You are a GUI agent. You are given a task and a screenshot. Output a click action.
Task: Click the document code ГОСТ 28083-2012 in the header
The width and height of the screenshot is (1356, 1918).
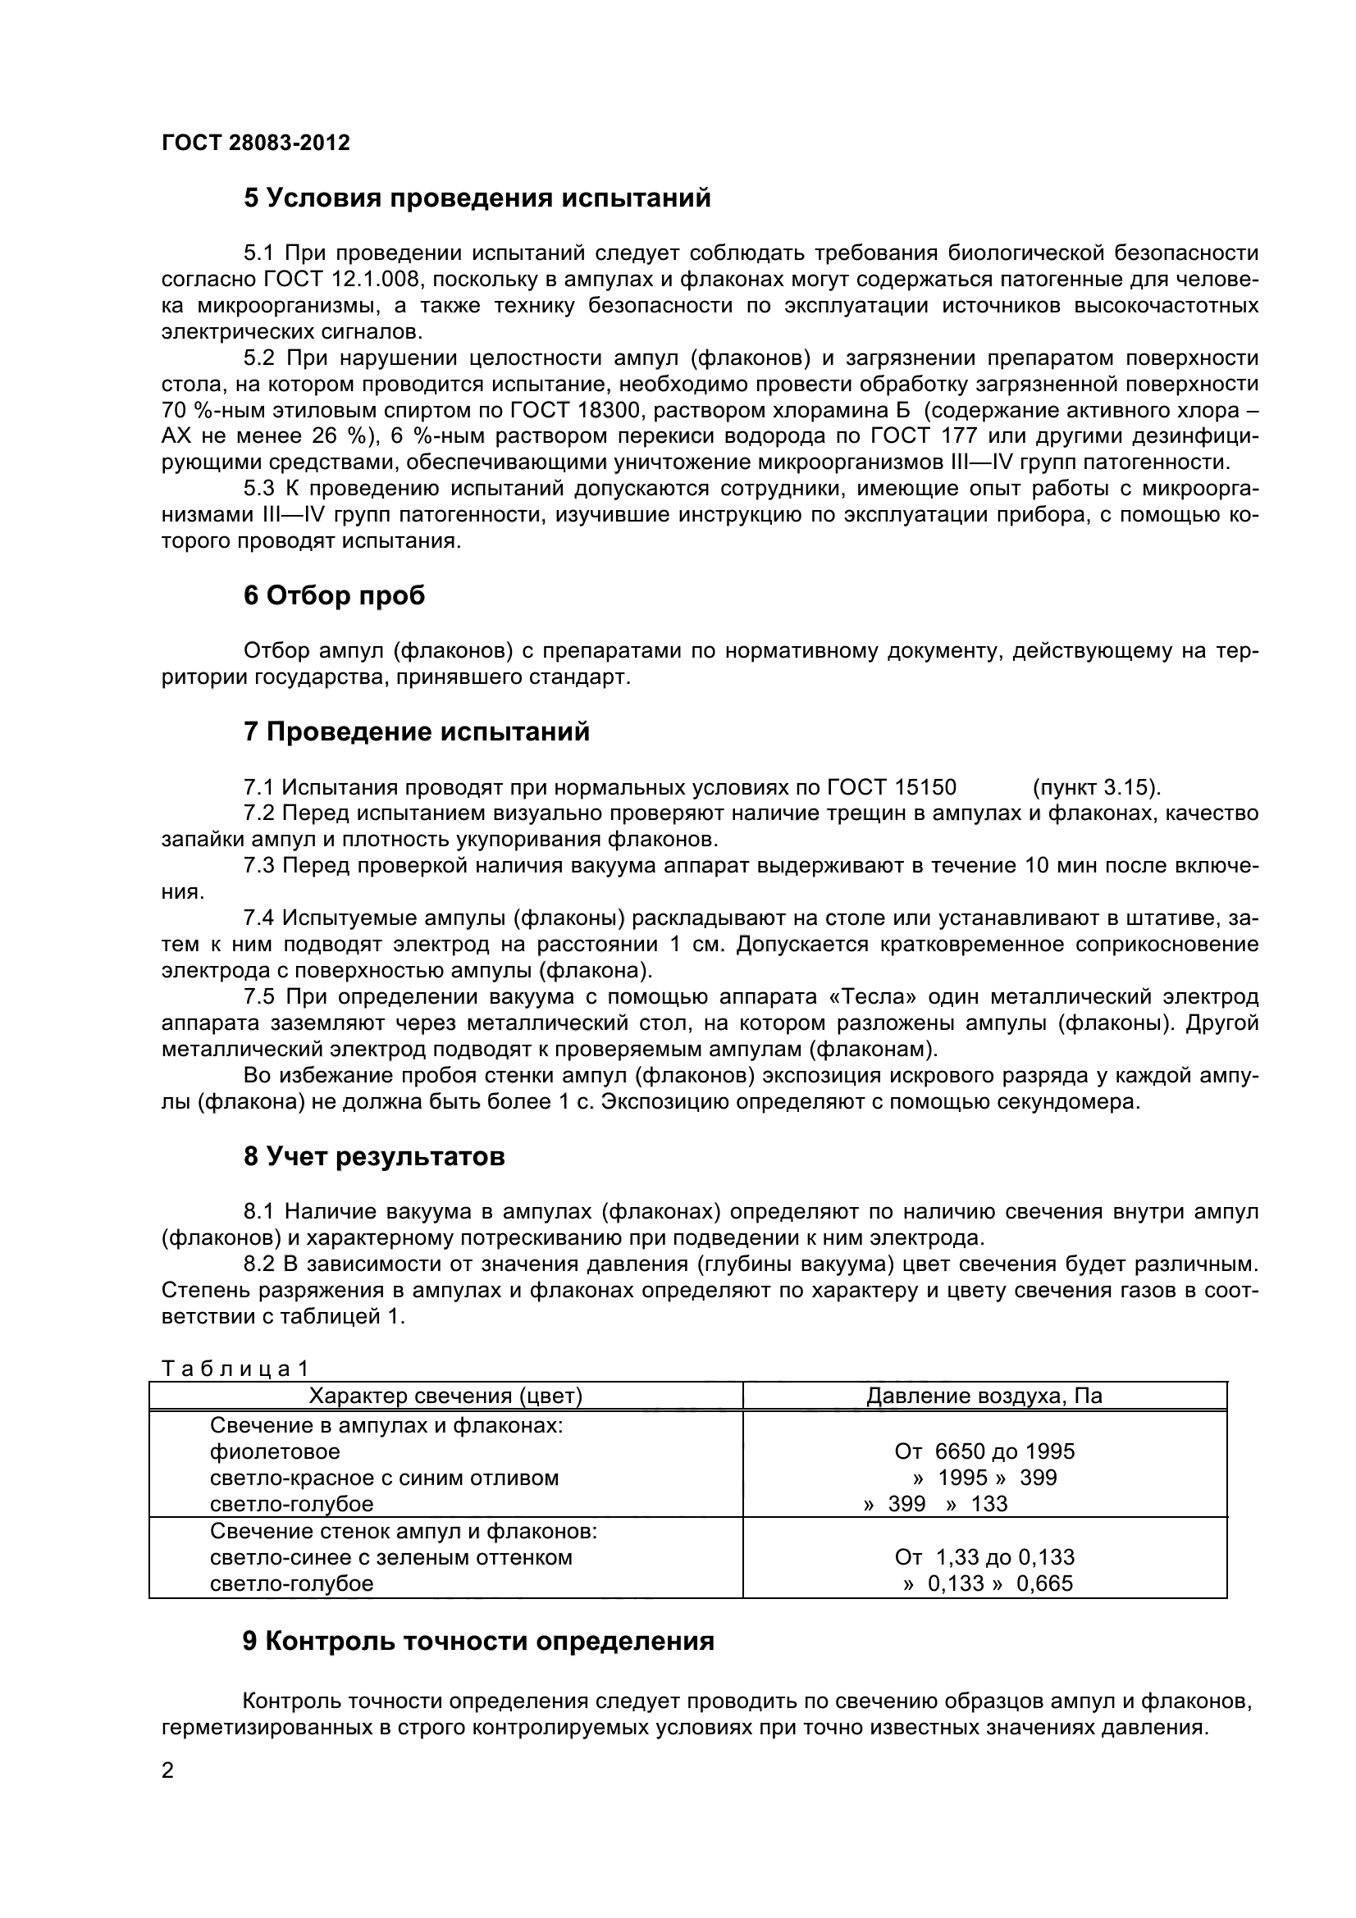pyautogui.click(x=256, y=143)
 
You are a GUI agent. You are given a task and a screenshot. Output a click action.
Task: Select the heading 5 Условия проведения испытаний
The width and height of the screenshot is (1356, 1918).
pyautogui.click(x=477, y=198)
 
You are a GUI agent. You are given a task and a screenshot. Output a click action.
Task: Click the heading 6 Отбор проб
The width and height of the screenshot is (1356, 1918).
pyautogui.click(x=334, y=596)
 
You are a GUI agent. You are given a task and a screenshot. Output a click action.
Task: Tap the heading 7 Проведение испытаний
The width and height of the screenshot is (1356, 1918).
pyautogui.click(x=416, y=731)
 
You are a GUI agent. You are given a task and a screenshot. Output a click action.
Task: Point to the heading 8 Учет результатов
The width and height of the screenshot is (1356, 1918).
pyautogui.click(x=374, y=1157)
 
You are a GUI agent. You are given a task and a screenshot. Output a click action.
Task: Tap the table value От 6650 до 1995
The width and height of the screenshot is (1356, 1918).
pyautogui.click(x=984, y=1451)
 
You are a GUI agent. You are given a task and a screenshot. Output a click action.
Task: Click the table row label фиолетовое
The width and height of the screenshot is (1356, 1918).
pyautogui.click(x=275, y=1451)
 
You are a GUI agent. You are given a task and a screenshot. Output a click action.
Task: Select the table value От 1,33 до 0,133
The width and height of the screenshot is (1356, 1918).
pyautogui.click(x=984, y=1557)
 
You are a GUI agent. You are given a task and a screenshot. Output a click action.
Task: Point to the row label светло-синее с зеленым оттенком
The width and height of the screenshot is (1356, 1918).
pyautogui.click(x=391, y=1557)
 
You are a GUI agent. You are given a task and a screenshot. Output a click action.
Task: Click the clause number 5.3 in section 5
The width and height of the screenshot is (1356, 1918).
pyautogui.click(x=260, y=489)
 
